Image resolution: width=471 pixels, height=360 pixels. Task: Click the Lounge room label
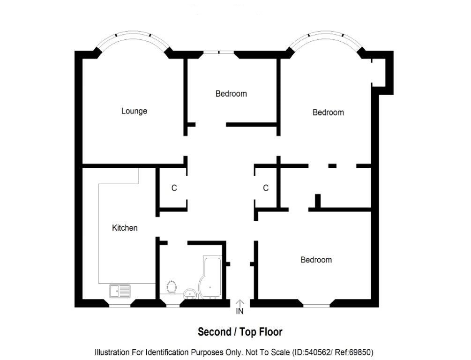pos(134,111)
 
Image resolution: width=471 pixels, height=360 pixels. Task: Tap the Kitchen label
pos(125,228)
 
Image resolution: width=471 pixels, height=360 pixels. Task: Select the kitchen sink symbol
pos(120,291)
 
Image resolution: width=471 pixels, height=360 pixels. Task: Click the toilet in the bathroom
pos(171,287)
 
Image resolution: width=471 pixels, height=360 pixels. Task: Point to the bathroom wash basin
pos(189,293)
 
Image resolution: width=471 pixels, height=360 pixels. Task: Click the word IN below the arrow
pos(239,311)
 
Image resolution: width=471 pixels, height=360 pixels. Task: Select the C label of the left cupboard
pos(174,188)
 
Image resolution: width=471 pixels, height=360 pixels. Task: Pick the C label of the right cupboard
pos(266,188)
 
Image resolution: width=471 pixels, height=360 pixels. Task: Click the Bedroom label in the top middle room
pos(231,93)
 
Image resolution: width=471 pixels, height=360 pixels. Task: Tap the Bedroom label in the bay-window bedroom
pos(328,112)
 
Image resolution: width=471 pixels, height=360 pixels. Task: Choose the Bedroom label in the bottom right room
pos(316,260)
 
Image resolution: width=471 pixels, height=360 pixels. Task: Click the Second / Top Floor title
pos(240,332)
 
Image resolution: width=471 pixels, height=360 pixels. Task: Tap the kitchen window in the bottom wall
pos(120,306)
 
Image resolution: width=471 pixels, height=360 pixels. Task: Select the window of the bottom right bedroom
pos(316,306)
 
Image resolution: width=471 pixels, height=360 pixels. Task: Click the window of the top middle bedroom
pos(219,52)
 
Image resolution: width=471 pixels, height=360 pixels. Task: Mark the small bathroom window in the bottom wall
pos(173,306)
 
